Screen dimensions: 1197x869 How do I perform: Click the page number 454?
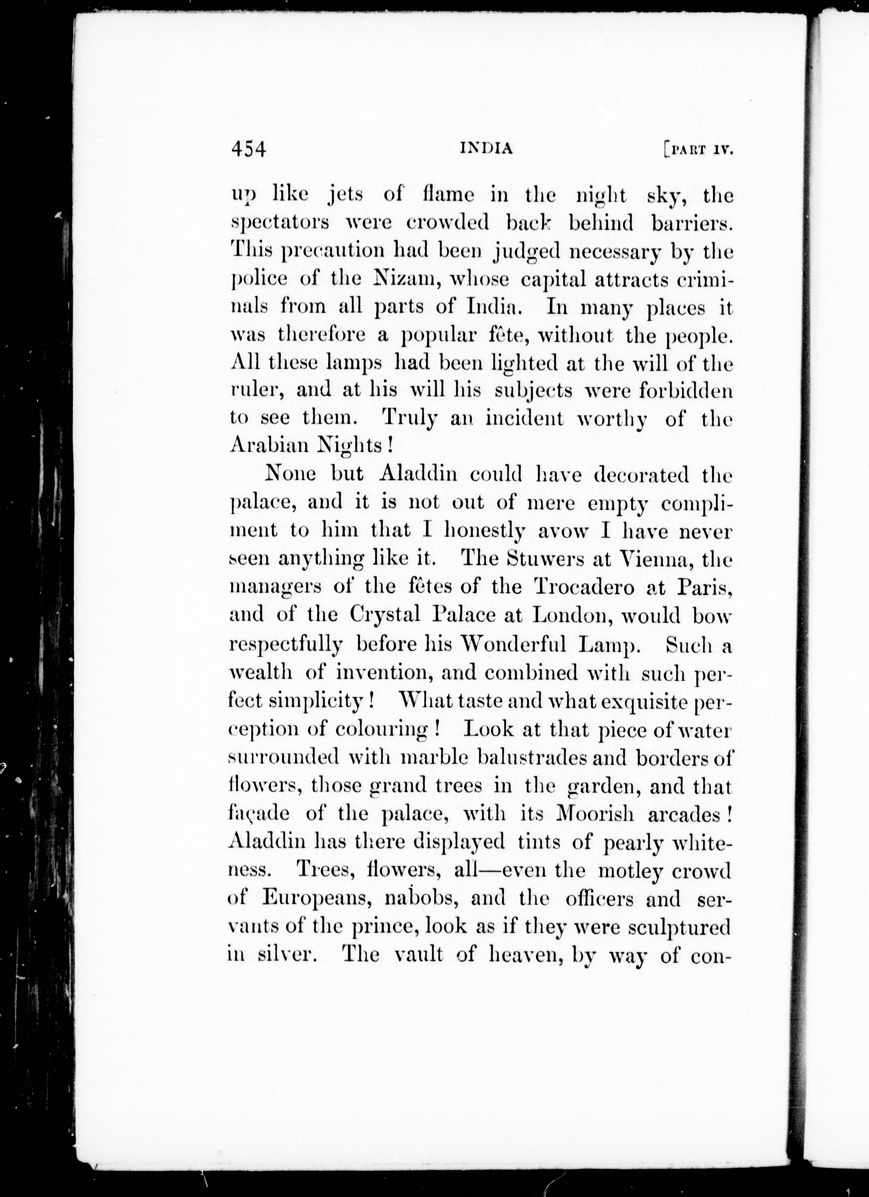[x=248, y=149]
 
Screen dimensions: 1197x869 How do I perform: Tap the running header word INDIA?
[x=486, y=149]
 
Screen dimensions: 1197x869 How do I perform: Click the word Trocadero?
[x=584, y=587]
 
